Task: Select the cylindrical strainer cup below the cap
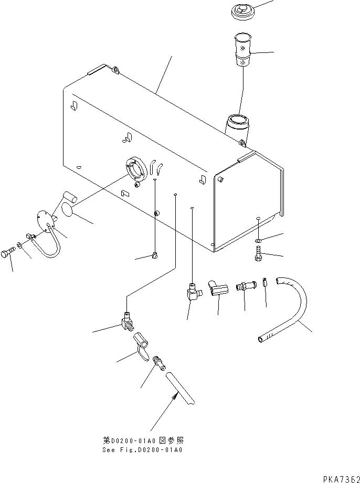pyautogui.click(x=242, y=50)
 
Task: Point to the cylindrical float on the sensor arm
pyautogui.click(x=69, y=198)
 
